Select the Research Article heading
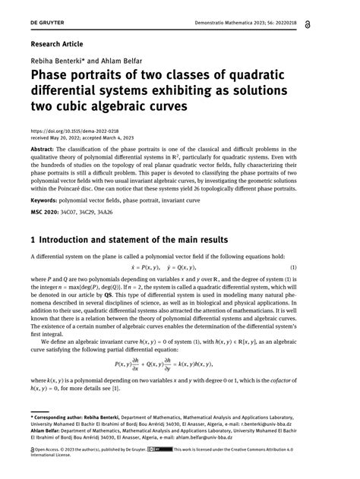[x=56, y=44]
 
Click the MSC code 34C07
[x=80, y=213]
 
